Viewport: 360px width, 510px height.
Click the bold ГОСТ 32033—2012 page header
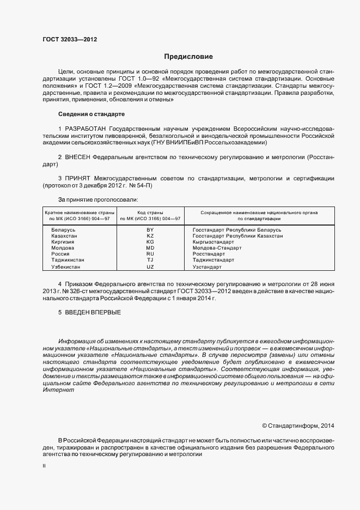point(70,40)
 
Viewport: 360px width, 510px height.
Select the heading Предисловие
point(188,57)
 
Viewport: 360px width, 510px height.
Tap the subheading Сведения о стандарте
point(91,114)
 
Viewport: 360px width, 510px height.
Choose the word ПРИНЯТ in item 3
point(78,178)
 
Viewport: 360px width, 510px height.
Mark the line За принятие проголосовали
point(97,199)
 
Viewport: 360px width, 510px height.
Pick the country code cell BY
point(150,230)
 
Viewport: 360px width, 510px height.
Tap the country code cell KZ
point(150,236)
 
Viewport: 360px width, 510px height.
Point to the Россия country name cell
point(60,254)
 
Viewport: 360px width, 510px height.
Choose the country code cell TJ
point(150,260)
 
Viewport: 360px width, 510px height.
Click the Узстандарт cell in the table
point(208,268)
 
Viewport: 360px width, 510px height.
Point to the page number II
point(44,466)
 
